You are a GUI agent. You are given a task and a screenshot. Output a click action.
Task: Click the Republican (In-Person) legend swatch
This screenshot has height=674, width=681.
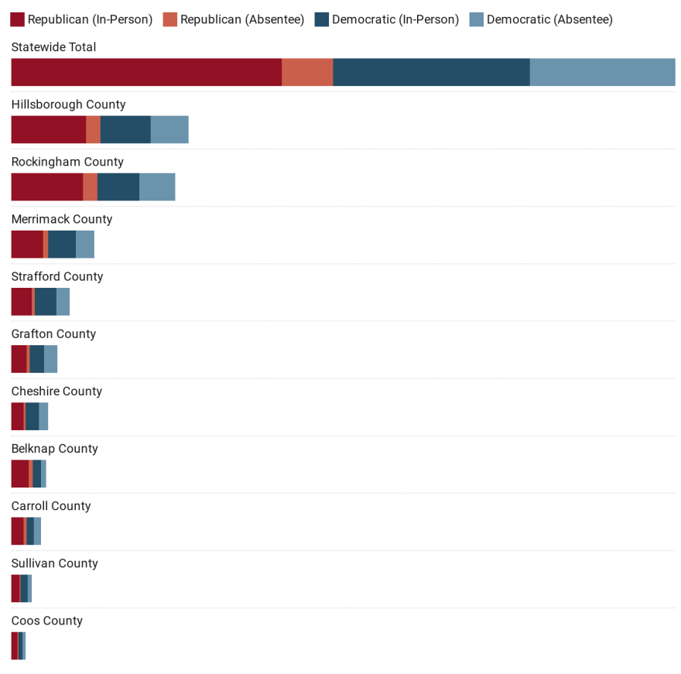[18, 19]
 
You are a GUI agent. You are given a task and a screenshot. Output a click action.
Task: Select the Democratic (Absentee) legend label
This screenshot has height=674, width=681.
[549, 19]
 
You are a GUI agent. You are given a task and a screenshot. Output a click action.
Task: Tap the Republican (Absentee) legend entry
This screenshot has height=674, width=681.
[242, 19]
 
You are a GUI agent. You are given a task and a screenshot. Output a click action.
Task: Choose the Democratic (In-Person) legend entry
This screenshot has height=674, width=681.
[395, 19]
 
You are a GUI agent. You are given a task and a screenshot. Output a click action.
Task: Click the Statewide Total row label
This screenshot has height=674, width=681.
[53, 47]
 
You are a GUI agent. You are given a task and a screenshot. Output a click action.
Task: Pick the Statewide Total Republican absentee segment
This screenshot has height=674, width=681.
[307, 72]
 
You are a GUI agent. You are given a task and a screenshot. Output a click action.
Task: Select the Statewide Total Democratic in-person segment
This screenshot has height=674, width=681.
[431, 72]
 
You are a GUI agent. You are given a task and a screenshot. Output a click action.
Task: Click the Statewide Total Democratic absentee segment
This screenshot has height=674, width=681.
[602, 72]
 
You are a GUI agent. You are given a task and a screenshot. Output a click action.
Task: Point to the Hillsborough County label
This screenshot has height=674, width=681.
[68, 104]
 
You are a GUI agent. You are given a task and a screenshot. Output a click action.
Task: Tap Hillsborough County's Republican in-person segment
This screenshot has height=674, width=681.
[48, 129]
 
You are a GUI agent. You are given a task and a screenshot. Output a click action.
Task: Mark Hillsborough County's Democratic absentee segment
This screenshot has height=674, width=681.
[169, 129]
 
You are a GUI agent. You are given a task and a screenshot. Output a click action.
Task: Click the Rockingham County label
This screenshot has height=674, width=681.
[67, 162]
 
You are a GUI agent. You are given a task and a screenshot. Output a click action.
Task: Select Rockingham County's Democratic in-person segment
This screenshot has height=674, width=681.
[118, 186]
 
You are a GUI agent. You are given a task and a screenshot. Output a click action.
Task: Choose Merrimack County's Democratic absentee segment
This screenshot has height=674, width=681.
[85, 244]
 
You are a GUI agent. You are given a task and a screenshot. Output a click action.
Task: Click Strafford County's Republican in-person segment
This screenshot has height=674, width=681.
[22, 301]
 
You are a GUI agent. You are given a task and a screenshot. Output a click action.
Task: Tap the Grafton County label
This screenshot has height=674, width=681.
[53, 334]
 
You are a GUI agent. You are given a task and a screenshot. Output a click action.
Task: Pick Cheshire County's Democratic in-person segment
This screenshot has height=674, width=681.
[33, 416]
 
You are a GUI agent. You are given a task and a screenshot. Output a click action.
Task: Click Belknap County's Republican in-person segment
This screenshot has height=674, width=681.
[20, 474]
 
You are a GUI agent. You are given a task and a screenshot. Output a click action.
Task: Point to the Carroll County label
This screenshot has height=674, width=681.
[51, 506]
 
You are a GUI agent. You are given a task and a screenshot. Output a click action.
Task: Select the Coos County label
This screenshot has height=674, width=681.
[46, 621]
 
